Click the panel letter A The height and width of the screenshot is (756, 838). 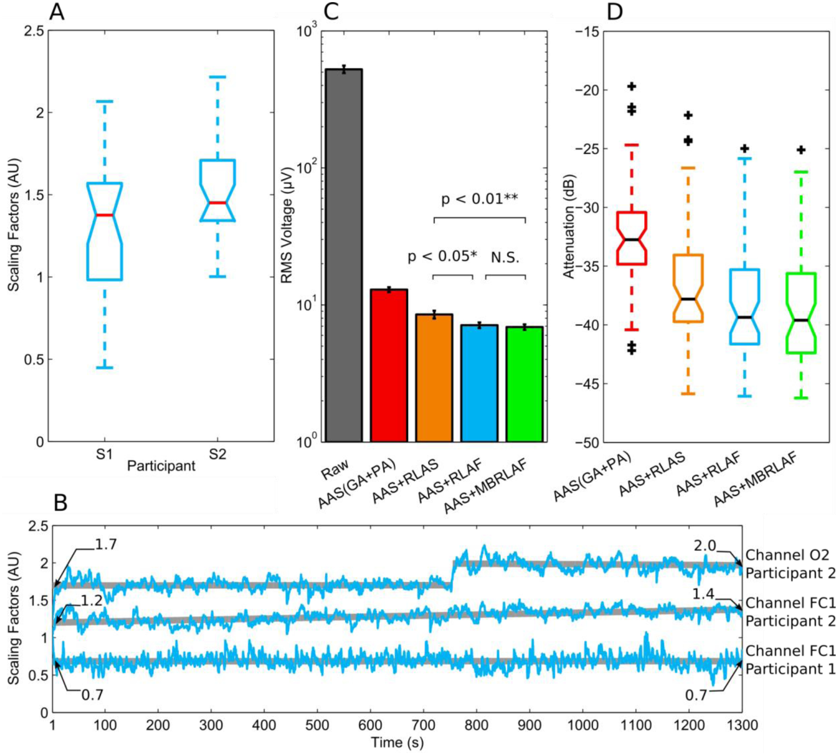[56, 12]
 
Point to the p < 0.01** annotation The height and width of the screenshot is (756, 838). [479, 199]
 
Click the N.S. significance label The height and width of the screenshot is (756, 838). [505, 258]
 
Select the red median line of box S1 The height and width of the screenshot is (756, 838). [104, 215]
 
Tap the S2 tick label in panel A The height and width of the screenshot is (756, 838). [217, 454]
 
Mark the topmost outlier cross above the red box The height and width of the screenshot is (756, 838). [632, 86]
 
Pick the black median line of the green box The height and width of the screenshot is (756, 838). [801, 320]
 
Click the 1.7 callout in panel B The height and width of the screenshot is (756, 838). [105, 544]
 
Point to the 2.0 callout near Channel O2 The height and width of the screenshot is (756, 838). [705, 546]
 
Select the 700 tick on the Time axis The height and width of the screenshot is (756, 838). [423, 725]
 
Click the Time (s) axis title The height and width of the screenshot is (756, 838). [397, 742]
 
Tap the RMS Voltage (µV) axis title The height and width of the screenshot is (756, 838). [287, 225]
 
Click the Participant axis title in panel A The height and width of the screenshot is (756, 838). [161, 466]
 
